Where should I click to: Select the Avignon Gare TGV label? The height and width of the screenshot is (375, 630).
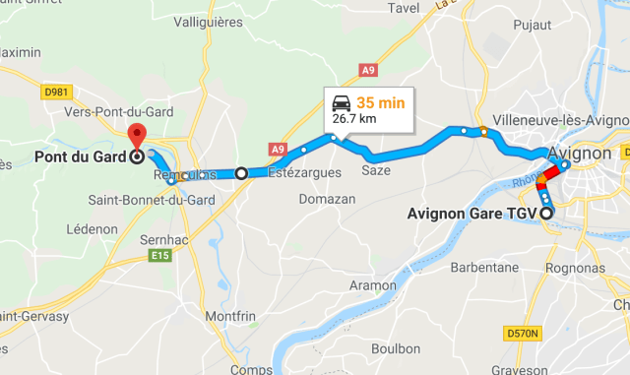point(472,214)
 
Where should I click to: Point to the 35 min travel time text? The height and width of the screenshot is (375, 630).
point(379,102)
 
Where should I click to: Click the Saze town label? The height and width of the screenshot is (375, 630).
point(377,170)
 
